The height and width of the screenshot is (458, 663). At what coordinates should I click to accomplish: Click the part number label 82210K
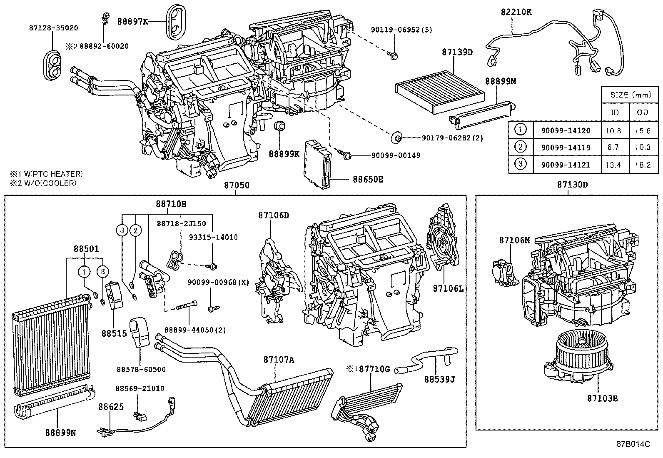click(x=516, y=12)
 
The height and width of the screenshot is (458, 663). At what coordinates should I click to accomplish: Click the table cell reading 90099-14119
click(x=566, y=147)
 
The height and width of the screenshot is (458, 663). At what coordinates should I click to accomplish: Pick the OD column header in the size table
click(x=643, y=113)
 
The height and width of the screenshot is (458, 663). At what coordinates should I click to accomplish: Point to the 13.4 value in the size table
click(x=613, y=165)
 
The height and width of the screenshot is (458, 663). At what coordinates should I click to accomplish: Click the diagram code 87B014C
click(x=633, y=443)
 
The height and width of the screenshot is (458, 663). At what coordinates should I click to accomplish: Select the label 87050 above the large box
click(x=237, y=185)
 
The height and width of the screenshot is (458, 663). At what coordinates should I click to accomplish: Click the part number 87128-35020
click(x=53, y=28)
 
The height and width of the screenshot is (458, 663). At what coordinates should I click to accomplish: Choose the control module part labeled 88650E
click(x=319, y=163)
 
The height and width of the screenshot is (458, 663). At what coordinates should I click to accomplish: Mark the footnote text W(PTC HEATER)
click(x=50, y=174)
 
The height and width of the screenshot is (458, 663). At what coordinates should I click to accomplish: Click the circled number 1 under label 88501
click(x=84, y=272)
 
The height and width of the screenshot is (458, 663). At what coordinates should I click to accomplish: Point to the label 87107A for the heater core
click(x=278, y=359)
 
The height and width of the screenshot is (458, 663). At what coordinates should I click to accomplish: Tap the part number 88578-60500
click(x=141, y=369)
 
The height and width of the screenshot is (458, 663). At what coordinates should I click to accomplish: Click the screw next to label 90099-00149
click(x=345, y=155)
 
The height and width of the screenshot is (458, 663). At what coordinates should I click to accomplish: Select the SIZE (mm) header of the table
click(x=631, y=95)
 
